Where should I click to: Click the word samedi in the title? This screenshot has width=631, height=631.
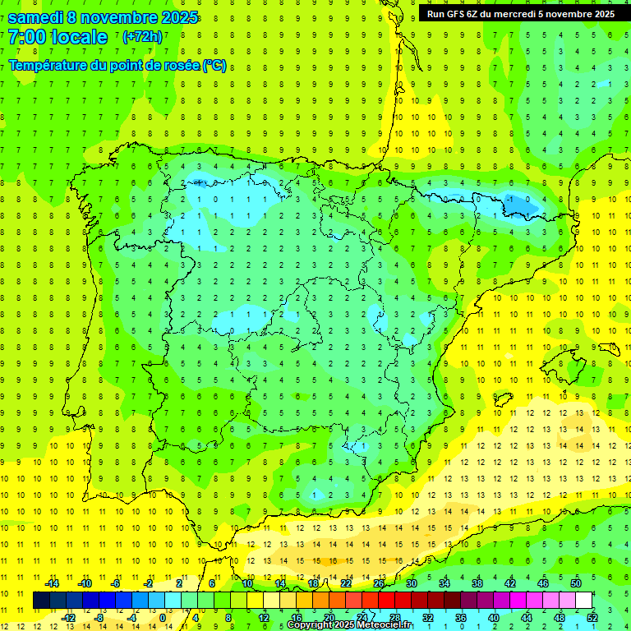click(38, 17)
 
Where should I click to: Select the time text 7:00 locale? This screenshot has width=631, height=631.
click(58, 37)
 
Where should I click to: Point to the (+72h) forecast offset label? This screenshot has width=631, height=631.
click(142, 37)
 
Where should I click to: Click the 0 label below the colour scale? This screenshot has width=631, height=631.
click(164, 617)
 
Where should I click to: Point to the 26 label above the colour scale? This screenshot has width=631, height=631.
click(379, 583)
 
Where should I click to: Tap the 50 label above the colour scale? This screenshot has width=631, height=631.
click(576, 583)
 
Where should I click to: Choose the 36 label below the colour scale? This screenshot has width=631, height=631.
click(461, 617)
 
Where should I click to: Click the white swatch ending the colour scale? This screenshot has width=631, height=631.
click(584, 601)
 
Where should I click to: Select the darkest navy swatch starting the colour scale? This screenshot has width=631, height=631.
click(41, 601)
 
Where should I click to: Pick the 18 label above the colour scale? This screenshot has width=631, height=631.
click(313, 583)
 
